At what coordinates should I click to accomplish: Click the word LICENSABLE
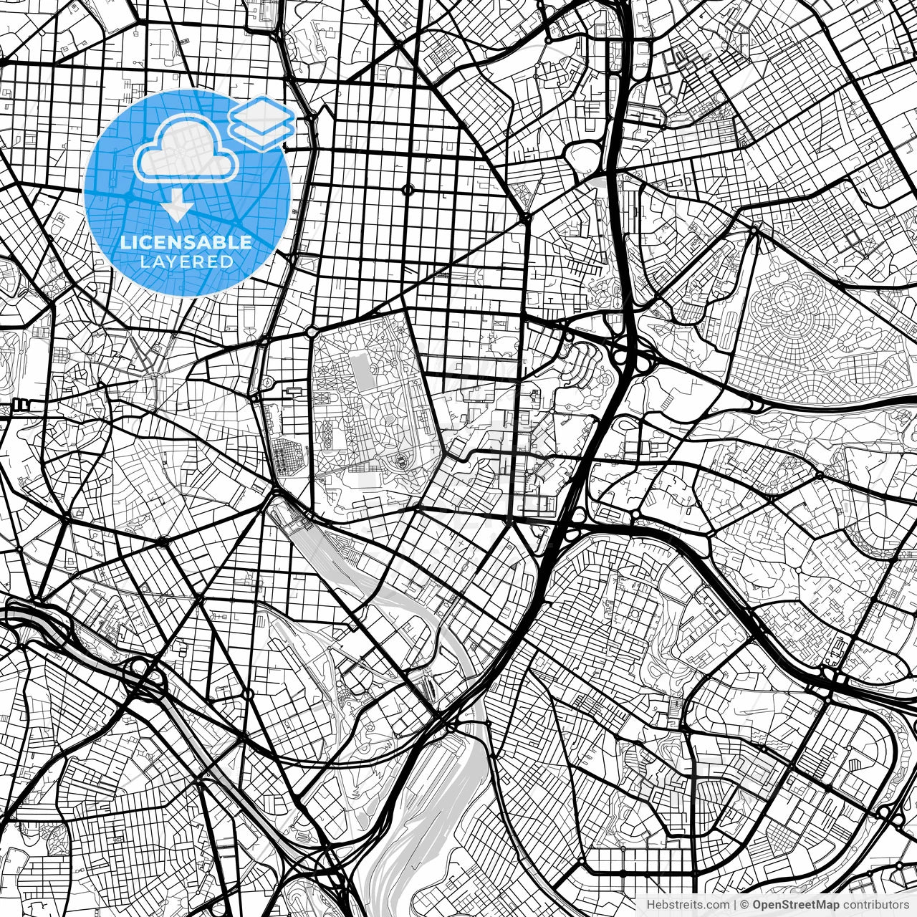pos(186,242)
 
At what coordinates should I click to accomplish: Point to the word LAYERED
pos(186,262)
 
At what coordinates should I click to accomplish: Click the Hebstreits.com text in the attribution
pos(687,905)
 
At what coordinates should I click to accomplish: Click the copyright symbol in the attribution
pos(744,905)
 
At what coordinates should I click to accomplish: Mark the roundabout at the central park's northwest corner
pos(312,332)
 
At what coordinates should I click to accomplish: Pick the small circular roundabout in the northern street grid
pos(408,190)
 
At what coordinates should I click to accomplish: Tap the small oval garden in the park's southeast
pos(401,458)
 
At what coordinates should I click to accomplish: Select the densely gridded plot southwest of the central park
pos(288,456)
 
